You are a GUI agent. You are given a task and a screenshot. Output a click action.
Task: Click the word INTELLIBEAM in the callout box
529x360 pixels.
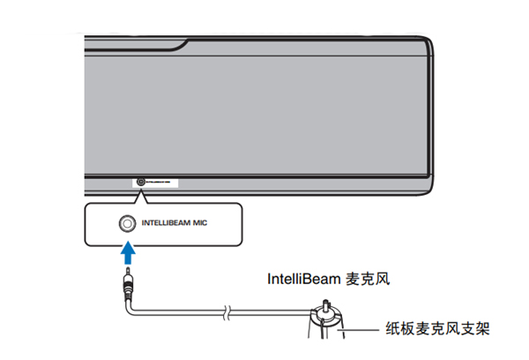(172, 223)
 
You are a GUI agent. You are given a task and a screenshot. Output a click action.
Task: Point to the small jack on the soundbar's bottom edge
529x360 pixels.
(140, 184)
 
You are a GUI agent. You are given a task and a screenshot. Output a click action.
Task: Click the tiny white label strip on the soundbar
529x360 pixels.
(162, 184)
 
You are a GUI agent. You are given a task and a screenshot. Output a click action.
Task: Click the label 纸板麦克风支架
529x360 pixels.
(436, 329)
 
